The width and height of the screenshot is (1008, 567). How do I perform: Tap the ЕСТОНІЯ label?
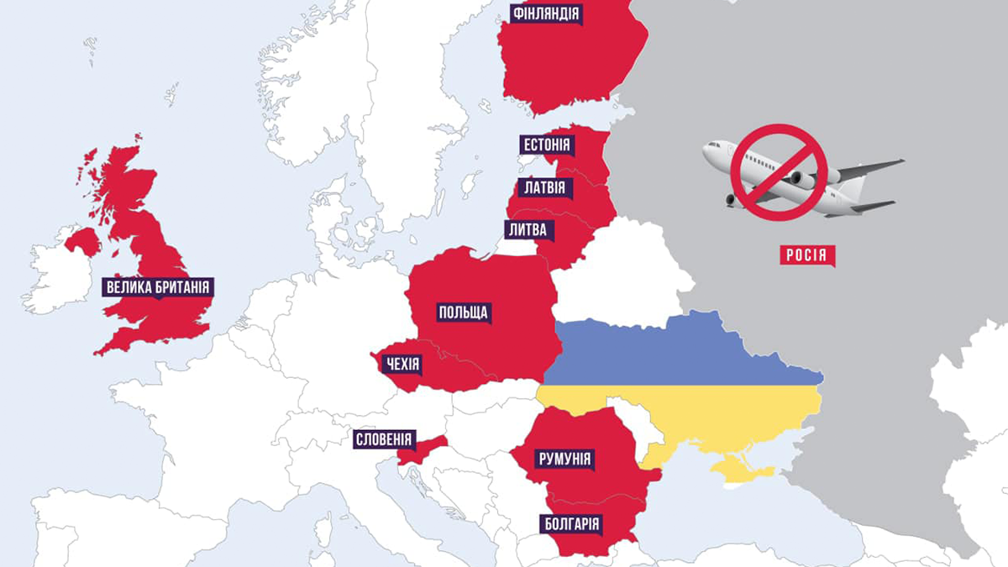[x=547, y=144]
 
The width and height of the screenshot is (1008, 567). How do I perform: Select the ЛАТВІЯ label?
[x=544, y=187]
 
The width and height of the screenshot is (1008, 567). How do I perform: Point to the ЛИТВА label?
[x=528, y=229]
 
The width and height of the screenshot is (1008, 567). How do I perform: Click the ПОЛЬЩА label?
[x=463, y=313]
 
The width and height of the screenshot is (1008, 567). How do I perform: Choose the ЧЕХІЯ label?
[x=402, y=365]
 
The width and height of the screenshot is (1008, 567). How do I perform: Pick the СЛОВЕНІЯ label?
[x=384, y=439]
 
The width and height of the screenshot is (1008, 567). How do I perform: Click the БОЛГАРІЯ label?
[x=571, y=525]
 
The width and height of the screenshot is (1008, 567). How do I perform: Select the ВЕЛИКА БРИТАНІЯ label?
[x=158, y=287]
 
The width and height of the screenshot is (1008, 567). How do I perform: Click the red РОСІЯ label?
[x=808, y=255]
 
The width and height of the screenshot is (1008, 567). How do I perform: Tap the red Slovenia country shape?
[x=417, y=449]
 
